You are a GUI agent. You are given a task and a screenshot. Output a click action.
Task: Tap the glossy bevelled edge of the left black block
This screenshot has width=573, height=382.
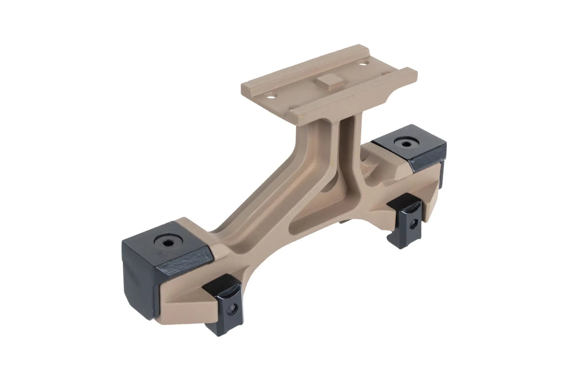click(x=183, y=262)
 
